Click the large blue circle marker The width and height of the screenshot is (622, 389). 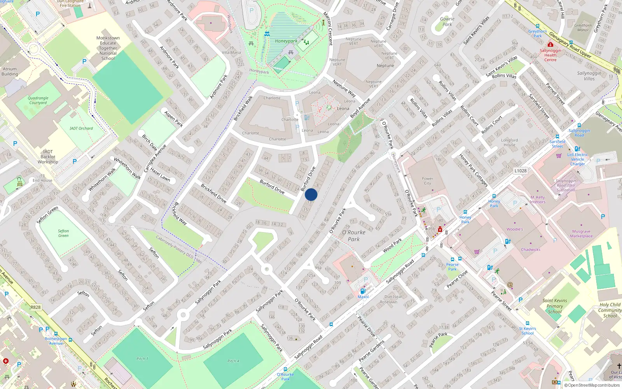point(311,194)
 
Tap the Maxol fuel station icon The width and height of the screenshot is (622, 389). point(363,291)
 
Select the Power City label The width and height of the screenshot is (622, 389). point(427,181)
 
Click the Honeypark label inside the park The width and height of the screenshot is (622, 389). point(286,41)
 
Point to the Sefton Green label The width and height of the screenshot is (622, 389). point(63,233)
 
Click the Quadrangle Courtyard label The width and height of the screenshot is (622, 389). point(38,100)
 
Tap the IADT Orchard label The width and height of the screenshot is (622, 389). point(81,128)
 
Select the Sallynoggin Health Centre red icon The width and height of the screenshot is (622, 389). point(550,45)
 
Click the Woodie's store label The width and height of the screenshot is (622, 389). point(515,229)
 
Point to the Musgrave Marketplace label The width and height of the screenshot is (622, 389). point(581,233)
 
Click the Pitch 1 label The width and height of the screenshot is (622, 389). point(142,359)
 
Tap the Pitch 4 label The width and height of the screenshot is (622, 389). point(233,361)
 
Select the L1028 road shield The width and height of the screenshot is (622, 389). point(520,171)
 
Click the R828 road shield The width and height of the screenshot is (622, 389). point(36,307)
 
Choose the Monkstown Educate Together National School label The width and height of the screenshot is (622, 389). point(108,48)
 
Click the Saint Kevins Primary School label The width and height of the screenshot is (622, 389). point(555,306)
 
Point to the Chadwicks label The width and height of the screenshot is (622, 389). point(531,249)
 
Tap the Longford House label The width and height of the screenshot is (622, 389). point(509,142)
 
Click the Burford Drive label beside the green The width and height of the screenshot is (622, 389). point(272,187)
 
